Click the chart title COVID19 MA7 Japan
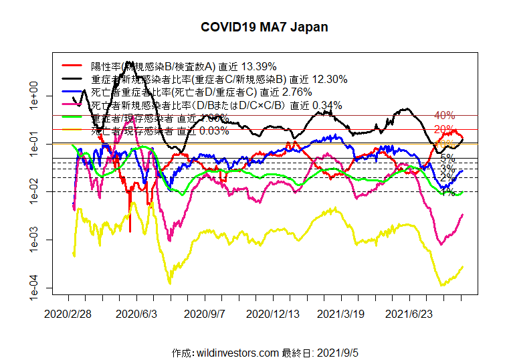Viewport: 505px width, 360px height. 264,27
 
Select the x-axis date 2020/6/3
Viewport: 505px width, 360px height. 136,312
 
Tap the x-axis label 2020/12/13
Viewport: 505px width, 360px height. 272,312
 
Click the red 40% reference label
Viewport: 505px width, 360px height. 444,116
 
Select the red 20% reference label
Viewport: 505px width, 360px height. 444,129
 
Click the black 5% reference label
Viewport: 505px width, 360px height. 447,159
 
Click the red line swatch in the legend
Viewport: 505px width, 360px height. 73,66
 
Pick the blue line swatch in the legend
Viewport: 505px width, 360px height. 73,92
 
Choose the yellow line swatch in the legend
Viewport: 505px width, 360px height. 73,130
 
